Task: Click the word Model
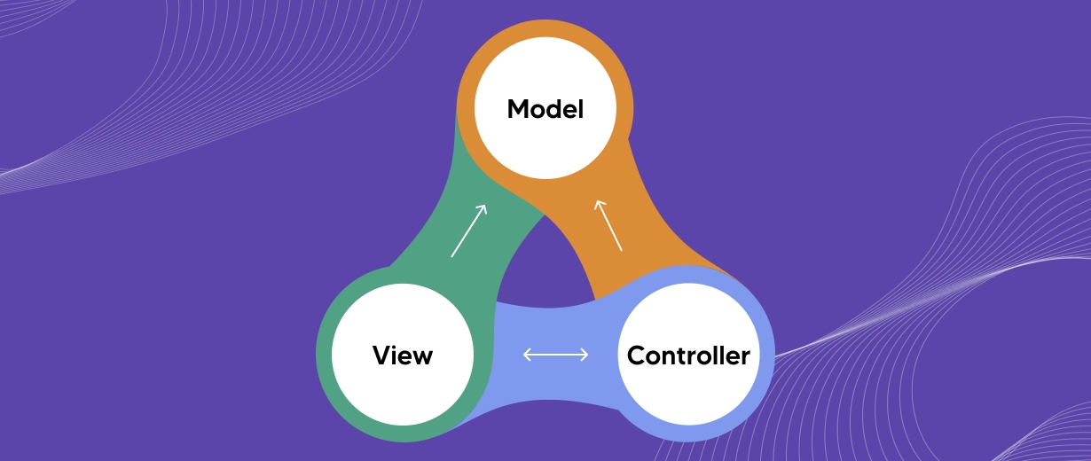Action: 545,110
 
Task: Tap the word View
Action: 403,356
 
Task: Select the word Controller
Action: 688,356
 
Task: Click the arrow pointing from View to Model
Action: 468,230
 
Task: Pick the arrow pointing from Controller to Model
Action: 608,225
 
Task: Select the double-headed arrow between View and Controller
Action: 555,355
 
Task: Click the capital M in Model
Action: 517,110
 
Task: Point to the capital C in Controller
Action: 636,356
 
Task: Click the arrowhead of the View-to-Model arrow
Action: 483,208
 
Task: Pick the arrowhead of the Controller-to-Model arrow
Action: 599,203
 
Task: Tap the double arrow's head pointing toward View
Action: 526,355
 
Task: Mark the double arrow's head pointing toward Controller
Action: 585,355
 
